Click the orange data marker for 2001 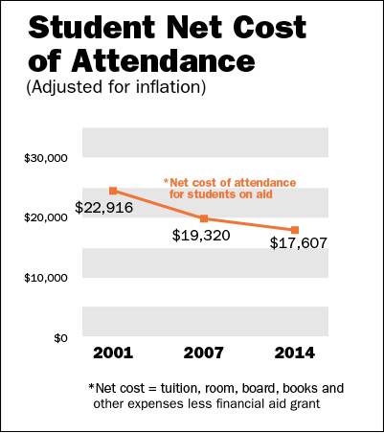pyautogui.click(x=113, y=191)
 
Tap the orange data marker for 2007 pyautogui.click(x=203, y=219)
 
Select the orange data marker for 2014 pyautogui.click(x=294, y=230)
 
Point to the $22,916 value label pyautogui.click(x=103, y=207)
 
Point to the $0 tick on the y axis pyautogui.click(x=59, y=338)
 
